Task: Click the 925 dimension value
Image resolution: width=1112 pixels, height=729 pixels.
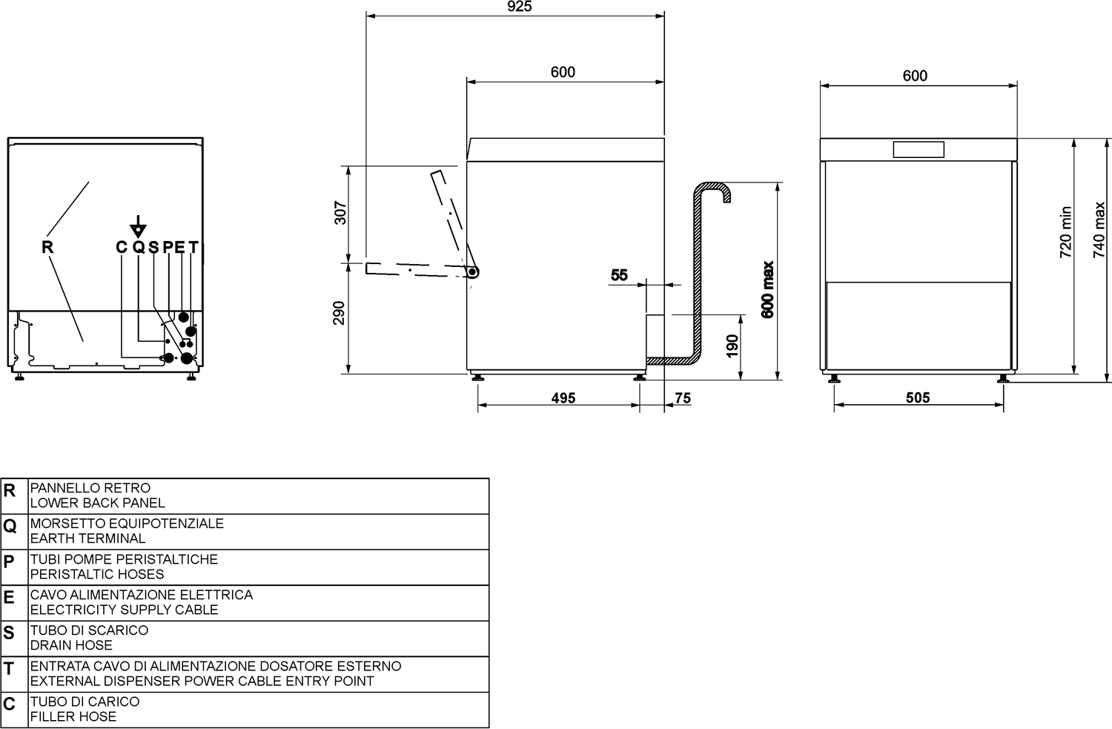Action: (519, 7)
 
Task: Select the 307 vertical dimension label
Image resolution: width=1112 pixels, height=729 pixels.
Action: (340, 213)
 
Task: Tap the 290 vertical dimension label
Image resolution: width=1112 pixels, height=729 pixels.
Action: (339, 313)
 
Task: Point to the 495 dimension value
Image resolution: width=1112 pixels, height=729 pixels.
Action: (563, 398)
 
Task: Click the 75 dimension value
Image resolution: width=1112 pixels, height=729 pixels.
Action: (683, 398)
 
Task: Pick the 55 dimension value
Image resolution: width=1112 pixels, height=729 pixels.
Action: (619, 274)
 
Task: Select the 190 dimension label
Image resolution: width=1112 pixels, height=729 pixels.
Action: (732, 346)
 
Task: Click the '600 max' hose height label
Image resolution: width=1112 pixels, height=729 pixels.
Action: (767, 289)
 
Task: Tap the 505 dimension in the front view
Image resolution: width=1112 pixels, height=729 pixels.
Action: (918, 398)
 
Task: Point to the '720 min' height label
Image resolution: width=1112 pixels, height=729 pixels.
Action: (1065, 232)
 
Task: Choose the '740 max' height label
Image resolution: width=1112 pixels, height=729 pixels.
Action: (1099, 229)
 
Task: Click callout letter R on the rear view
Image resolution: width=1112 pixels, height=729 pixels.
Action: (47, 247)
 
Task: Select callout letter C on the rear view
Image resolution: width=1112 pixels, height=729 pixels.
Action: (121, 247)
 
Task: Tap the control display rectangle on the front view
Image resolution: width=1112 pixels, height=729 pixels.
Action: (919, 150)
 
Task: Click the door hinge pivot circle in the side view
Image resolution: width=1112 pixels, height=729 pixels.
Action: (472, 271)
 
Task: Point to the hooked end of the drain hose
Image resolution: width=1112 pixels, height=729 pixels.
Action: (727, 194)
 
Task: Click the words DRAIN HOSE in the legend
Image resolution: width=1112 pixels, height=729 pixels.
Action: (71, 645)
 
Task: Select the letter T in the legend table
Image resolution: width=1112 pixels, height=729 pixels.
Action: (8, 668)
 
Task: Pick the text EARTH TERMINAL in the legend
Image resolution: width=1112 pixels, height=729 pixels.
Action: (88, 538)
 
